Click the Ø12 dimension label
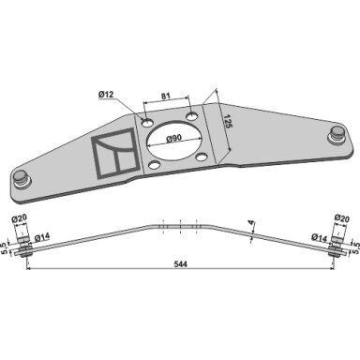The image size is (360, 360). click(106, 94)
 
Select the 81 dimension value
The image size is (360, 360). click(166, 96)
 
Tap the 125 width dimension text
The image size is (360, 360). click(228, 122)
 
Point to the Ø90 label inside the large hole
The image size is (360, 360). click(174, 139)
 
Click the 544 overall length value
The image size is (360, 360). click(180, 264)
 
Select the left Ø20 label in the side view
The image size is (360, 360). click(20, 218)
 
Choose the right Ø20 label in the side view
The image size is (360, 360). click(341, 218)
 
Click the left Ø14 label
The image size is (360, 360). click(42, 238)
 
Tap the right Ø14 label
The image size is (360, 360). click(320, 238)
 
